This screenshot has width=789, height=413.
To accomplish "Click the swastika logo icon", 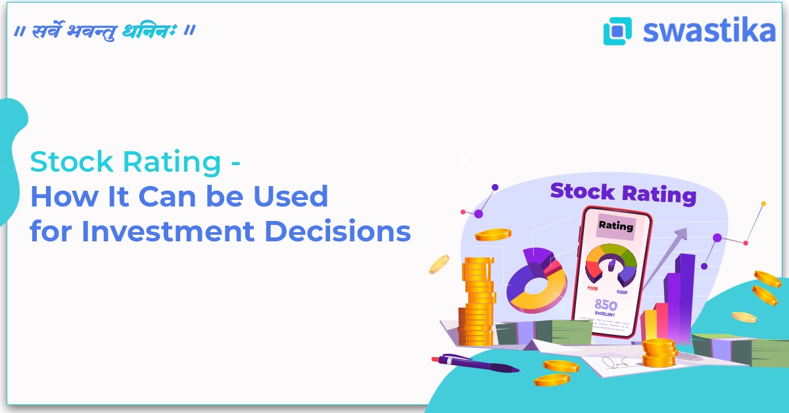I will pyautogui.click(x=617, y=31).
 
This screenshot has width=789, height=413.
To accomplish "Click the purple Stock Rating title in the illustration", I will pyautogui.click(x=623, y=193).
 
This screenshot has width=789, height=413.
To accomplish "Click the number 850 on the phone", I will pyautogui.click(x=607, y=304).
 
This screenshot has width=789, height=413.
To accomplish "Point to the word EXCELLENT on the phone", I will pyautogui.click(x=607, y=315).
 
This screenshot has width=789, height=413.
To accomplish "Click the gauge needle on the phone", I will pyautogui.click(x=612, y=264).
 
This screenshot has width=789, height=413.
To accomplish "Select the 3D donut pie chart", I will pyautogui.click(x=536, y=279).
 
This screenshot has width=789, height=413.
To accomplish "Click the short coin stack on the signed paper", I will pyautogui.click(x=659, y=352).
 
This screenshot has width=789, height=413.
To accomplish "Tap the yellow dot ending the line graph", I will pyautogui.click(x=763, y=204).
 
